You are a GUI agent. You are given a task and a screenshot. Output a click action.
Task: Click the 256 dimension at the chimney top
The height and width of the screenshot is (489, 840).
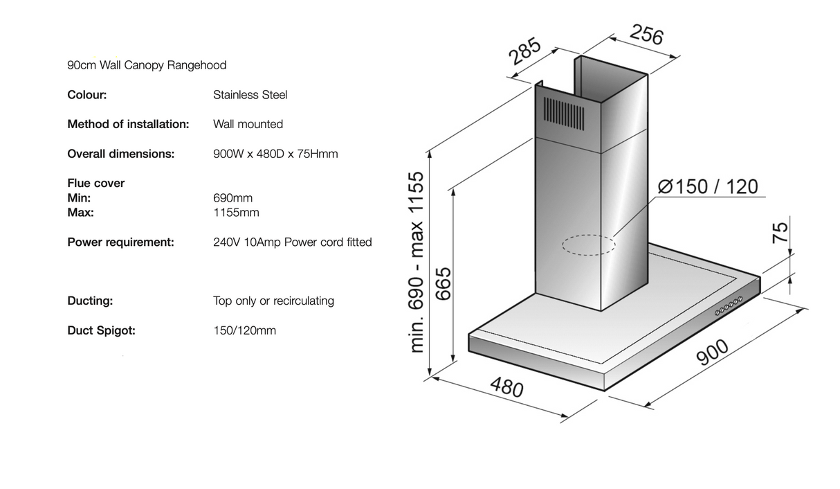646,35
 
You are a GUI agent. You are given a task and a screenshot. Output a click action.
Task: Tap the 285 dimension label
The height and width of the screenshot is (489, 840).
524,51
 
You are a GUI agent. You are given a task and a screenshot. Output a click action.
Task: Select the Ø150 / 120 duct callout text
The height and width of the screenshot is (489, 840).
708,186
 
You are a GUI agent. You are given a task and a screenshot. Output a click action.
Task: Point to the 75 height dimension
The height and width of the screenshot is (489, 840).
780,233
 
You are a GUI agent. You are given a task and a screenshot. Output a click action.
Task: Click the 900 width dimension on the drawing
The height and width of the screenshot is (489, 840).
712,352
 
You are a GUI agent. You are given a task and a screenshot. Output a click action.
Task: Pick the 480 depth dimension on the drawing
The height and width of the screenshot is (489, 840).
506,386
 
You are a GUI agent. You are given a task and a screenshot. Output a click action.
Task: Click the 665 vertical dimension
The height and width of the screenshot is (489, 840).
444,284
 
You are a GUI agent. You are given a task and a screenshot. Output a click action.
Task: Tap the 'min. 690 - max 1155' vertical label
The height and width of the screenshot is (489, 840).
417,262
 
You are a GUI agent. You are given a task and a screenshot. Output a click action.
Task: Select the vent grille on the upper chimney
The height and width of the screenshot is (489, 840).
564,114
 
